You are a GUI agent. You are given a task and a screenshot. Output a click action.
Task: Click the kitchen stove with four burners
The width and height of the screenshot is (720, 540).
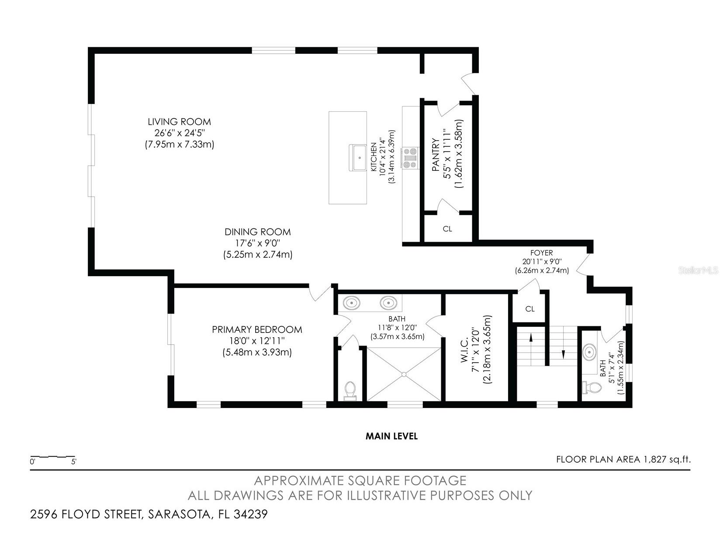coord(411,158)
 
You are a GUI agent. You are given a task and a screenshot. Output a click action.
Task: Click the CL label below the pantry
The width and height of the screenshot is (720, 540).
coord(447,228)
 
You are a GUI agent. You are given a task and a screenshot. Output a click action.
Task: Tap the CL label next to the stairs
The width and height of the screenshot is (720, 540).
coord(530,309)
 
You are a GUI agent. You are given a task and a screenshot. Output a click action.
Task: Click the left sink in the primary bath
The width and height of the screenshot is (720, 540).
coord(351,302)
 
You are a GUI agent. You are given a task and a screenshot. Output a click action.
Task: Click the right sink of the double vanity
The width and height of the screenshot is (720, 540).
coord(388,302)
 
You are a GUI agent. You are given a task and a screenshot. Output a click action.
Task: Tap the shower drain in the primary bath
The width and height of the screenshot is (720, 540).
coord(404,374)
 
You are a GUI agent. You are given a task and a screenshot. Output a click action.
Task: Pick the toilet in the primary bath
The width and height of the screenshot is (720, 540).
coord(350,390)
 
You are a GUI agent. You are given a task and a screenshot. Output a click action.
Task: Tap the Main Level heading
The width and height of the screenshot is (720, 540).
coord(391,436)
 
